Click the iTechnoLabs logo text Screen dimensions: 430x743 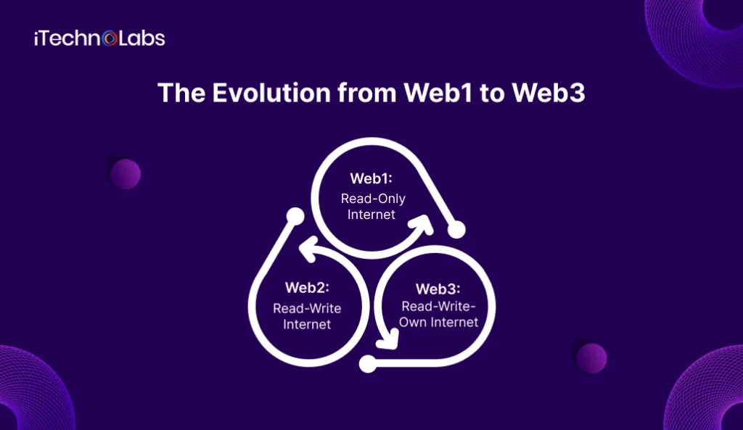(x=99, y=38)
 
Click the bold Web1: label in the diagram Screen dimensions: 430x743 (x=371, y=178)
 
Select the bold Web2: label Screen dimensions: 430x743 (x=307, y=288)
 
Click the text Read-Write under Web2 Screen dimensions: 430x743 (x=307, y=308)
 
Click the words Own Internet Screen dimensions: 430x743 (x=439, y=321)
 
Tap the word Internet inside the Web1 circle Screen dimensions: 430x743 (x=371, y=215)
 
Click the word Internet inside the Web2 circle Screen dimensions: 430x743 (x=307, y=324)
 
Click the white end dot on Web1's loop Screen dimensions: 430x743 (x=456, y=231)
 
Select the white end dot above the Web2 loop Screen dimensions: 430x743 (x=294, y=216)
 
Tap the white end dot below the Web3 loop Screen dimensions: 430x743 (x=368, y=365)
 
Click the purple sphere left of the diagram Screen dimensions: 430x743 (x=126, y=174)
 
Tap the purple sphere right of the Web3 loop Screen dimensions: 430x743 (x=591, y=358)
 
